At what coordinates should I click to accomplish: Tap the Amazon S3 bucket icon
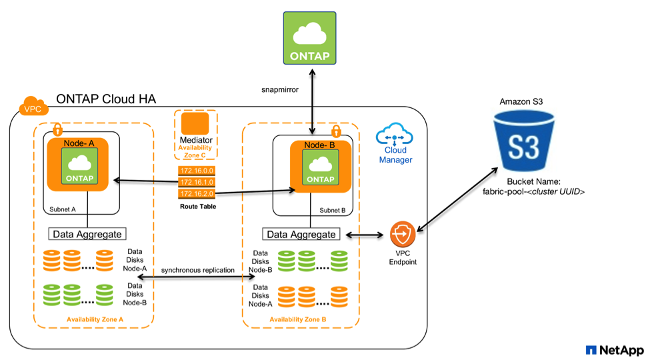click(x=524, y=141)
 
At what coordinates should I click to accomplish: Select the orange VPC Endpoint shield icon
click(x=403, y=235)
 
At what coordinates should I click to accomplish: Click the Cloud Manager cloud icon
click(x=395, y=137)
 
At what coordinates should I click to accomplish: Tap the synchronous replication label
click(x=199, y=270)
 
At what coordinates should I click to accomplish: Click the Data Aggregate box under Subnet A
click(x=88, y=234)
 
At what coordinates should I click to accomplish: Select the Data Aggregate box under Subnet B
click(x=301, y=234)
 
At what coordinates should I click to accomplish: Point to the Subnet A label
click(x=63, y=209)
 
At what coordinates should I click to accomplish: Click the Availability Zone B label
click(x=297, y=320)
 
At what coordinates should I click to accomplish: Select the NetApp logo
click(x=613, y=349)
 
